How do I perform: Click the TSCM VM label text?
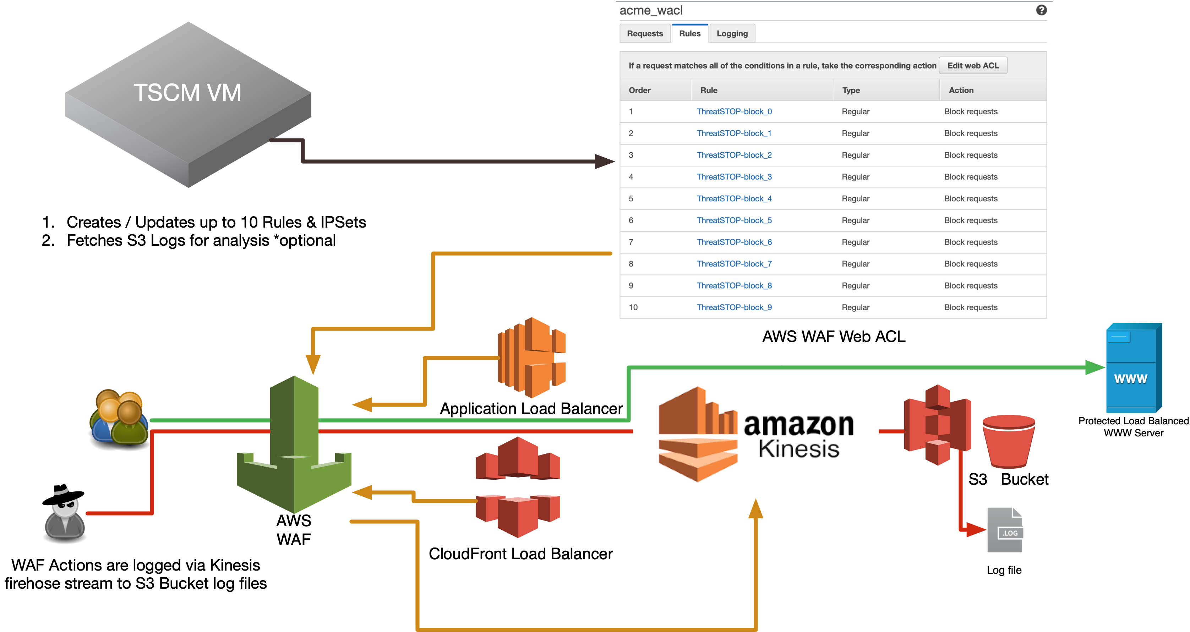[187, 92]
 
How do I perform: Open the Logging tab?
[732, 34]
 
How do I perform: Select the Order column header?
[639, 91]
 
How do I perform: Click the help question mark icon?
[1041, 10]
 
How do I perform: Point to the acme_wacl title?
[650, 11]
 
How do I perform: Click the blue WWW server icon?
[1132, 368]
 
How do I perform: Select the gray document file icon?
[1005, 529]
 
